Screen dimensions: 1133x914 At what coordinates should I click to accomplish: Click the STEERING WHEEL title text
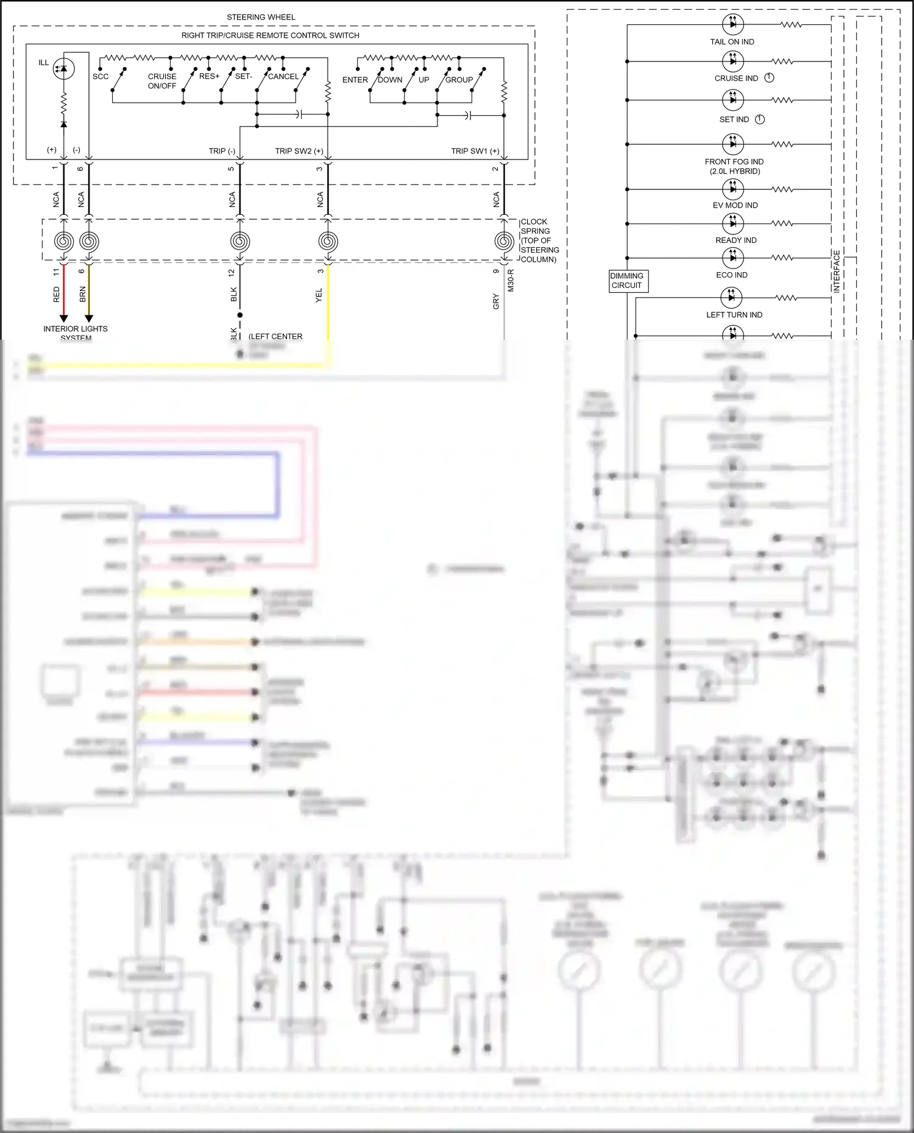coord(261,17)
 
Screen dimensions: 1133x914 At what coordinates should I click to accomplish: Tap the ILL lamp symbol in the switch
coord(63,68)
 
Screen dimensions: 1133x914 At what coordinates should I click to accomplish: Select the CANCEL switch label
coord(283,77)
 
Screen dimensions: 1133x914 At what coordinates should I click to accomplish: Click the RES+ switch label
coord(209,76)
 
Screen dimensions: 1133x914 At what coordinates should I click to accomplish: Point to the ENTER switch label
coord(355,80)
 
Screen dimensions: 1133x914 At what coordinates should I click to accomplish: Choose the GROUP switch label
coord(459,80)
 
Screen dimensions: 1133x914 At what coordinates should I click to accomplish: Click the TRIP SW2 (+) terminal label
coord(299,151)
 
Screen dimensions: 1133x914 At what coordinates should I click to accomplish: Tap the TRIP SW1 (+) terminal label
coord(475,151)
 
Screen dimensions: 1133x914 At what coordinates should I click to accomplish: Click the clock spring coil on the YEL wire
coord(328,242)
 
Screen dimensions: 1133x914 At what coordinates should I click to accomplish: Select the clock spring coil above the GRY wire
coord(504,242)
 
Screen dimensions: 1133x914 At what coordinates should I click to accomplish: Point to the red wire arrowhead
coord(63,318)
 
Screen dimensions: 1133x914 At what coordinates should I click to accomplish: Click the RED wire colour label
coord(57,295)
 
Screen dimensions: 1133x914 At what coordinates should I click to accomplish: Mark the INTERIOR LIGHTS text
coord(75,329)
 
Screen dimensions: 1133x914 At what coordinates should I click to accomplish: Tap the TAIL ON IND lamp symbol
coord(732,24)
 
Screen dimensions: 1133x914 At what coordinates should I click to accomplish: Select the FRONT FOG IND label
coord(734,162)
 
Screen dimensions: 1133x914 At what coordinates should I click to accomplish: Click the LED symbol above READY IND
coord(732,223)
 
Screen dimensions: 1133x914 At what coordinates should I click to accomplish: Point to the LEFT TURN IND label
coord(734,315)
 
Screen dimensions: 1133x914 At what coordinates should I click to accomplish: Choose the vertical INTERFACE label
coord(837,272)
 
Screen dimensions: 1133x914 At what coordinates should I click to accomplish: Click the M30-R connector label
coord(511,281)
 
